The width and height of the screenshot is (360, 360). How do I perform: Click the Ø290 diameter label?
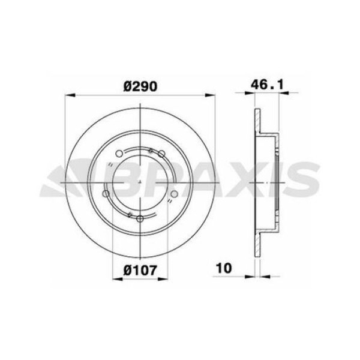coord(140,86)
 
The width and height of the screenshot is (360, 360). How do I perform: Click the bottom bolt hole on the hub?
coord(139,218)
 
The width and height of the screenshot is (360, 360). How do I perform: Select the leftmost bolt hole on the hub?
coord(106,194)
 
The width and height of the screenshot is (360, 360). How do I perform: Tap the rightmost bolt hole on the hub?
coord(174,193)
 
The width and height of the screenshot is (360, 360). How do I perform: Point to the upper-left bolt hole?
coord(119,152)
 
